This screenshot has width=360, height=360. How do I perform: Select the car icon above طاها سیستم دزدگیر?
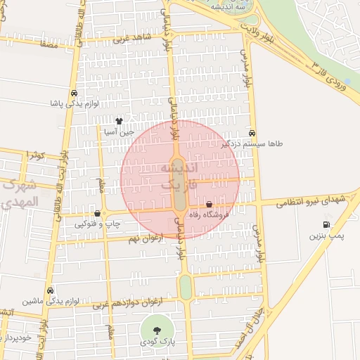(x=252, y=133)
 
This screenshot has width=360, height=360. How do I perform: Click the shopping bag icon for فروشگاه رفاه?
(x=209, y=205)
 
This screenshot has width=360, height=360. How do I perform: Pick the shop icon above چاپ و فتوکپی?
(x=97, y=213)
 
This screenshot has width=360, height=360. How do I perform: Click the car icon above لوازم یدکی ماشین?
(x=50, y=290)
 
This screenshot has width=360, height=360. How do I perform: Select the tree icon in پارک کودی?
(x=155, y=330)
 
